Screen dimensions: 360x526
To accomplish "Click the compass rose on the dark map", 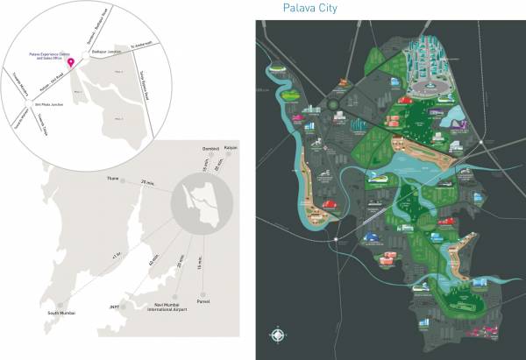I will coord(279,335).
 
